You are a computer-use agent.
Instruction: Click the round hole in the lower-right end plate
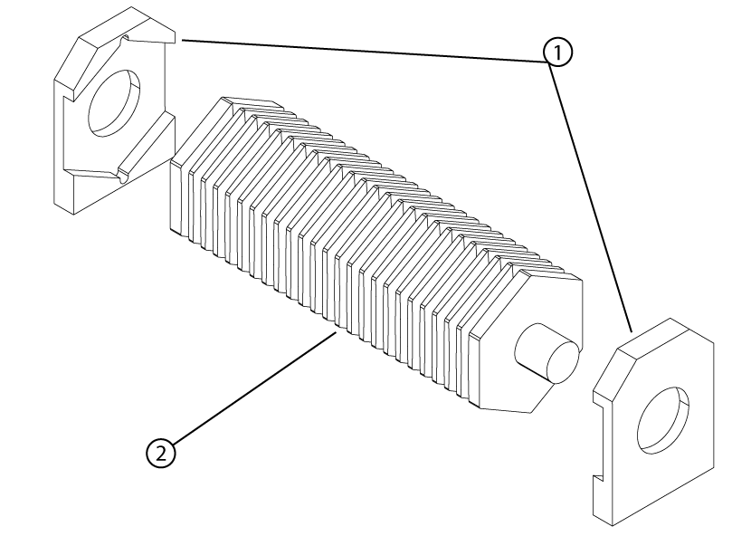click(665, 420)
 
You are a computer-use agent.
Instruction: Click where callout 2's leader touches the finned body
click(337, 333)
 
